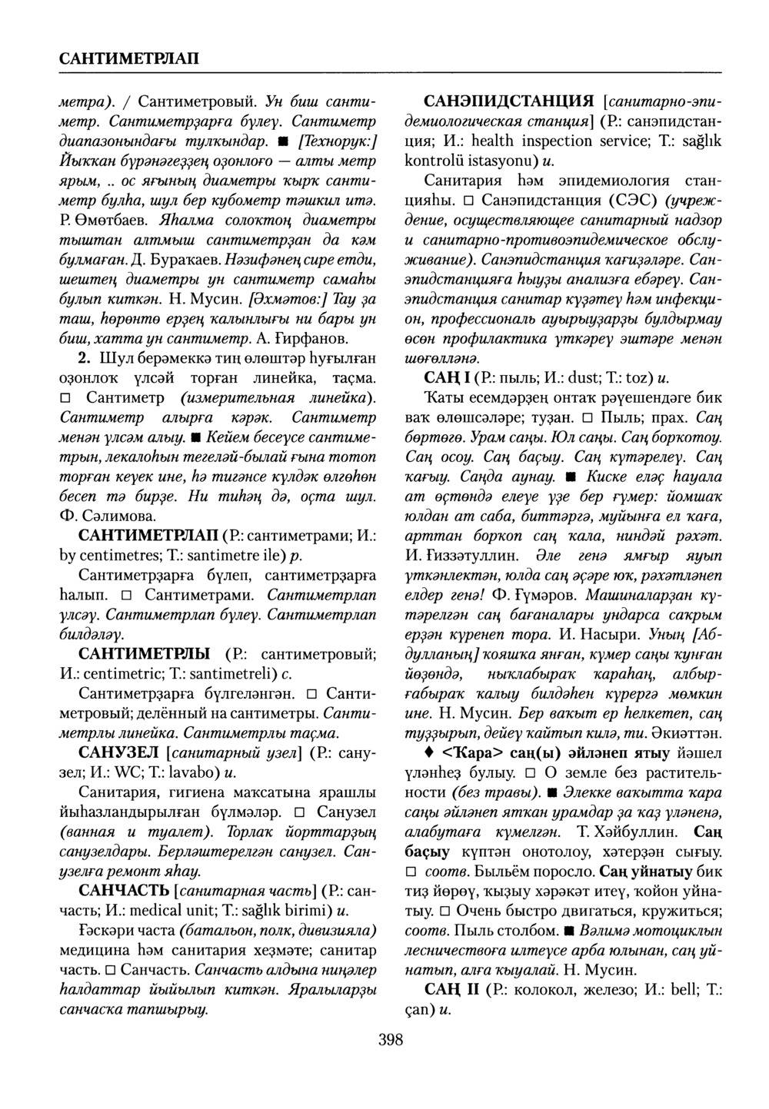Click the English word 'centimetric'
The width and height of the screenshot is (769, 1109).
pos(117,674)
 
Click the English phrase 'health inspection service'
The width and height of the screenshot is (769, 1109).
pos(547,141)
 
